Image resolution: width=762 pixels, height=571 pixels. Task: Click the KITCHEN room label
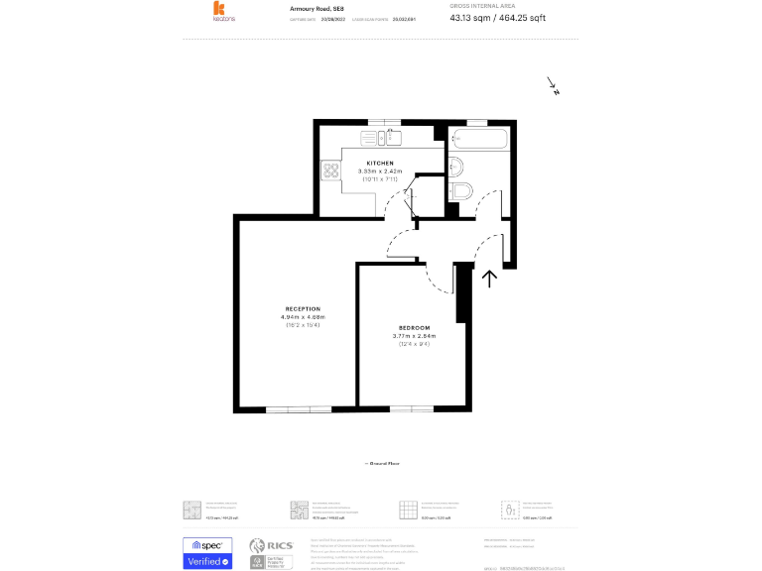point(380,163)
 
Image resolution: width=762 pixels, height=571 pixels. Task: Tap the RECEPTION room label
point(303,308)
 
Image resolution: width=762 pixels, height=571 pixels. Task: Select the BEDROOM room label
point(415,328)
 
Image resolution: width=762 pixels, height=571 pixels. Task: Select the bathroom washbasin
point(456,166)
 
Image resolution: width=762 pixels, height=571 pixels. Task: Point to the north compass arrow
point(553,86)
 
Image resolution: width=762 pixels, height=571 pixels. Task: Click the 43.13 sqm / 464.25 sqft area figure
point(497,18)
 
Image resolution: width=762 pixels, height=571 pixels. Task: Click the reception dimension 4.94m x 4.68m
point(303,316)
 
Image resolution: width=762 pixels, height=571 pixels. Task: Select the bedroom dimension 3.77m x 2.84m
point(415,336)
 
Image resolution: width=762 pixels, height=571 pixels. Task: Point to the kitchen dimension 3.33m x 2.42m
point(380,171)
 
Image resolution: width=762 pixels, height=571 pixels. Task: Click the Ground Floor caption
point(381,463)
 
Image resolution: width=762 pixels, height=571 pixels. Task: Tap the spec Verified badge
point(207,553)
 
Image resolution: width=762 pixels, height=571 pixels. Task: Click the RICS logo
point(270,547)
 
